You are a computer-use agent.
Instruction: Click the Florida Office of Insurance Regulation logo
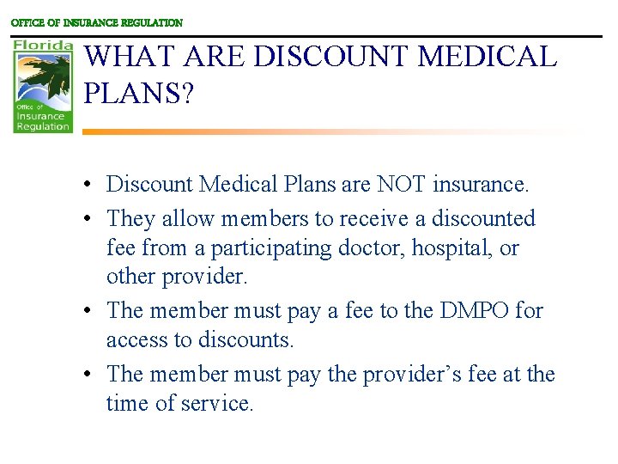click(x=43, y=84)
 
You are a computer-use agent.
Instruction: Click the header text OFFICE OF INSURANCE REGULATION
click(x=96, y=23)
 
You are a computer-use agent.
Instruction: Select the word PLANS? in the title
click(x=139, y=92)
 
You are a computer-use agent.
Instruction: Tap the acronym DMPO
click(x=474, y=310)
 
